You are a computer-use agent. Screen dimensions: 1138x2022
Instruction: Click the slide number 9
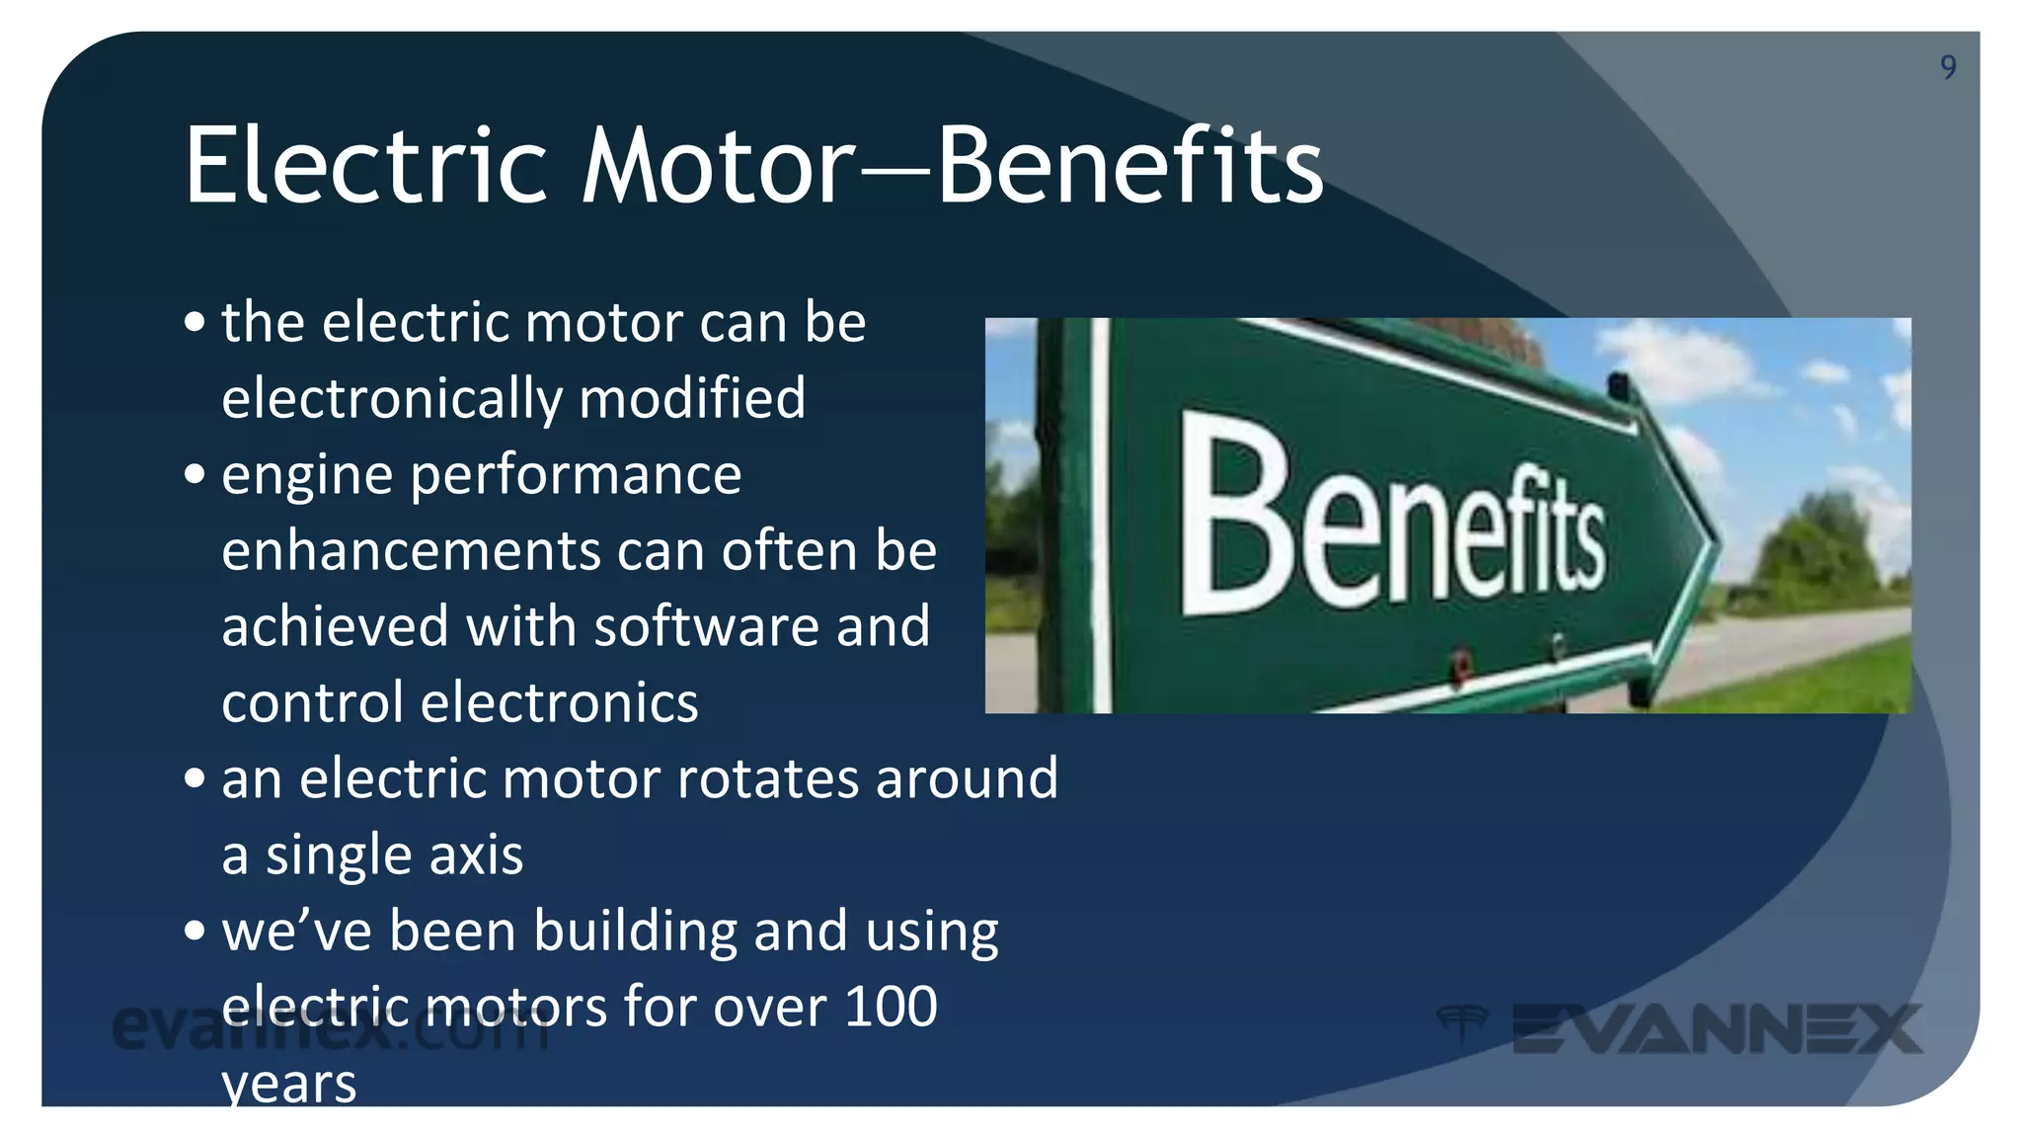click(x=1947, y=66)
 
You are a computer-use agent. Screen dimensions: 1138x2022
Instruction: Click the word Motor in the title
click(x=718, y=166)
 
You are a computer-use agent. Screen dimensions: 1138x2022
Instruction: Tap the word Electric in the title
click(x=365, y=166)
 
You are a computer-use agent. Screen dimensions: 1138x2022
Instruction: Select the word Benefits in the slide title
click(x=1129, y=166)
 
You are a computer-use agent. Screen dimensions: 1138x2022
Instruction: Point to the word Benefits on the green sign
click(x=1392, y=519)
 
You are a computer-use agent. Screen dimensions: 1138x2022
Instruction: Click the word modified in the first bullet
click(x=692, y=398)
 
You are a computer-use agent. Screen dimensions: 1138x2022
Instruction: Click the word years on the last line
click(x=288, y=1085)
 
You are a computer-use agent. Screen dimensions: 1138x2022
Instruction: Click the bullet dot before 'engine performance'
click(x=194, y=474)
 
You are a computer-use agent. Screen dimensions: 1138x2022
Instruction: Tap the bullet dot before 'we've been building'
click(x=194, y=931)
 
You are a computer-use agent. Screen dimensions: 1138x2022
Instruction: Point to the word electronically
click(x=392, y=398)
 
